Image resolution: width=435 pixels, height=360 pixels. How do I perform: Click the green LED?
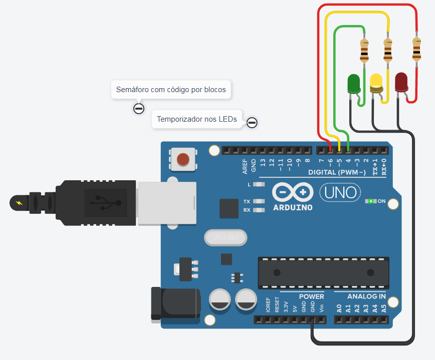tap(354, 84)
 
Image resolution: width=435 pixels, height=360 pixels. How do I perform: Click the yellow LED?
tap(376, 83)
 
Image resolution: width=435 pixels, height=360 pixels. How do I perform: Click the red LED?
tap(401, 82)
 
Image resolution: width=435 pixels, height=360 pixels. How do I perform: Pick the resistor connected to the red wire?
tap(416, 49)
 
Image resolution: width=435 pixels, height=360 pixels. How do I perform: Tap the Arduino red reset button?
tap(183, 159)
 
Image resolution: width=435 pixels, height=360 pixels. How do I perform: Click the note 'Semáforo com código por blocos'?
tap(171, 90)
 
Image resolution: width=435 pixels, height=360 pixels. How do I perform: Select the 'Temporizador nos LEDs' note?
tap(197, 119)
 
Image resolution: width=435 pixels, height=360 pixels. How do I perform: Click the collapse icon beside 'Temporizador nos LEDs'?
tap(253, 122)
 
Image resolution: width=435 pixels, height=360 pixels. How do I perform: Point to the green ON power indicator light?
tap(371, 201)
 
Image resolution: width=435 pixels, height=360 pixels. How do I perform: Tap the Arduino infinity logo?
tap(293, 192)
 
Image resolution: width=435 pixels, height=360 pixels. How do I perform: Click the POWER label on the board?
tap(311, 296)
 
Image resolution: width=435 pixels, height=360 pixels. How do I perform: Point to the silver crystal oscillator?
tap(226, 238)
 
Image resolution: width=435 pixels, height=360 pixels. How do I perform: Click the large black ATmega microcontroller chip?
tap(323, 272)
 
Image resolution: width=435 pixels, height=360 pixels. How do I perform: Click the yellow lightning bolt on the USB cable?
tap(20, 203)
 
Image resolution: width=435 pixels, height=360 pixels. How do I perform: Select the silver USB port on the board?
tap(166, 202)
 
